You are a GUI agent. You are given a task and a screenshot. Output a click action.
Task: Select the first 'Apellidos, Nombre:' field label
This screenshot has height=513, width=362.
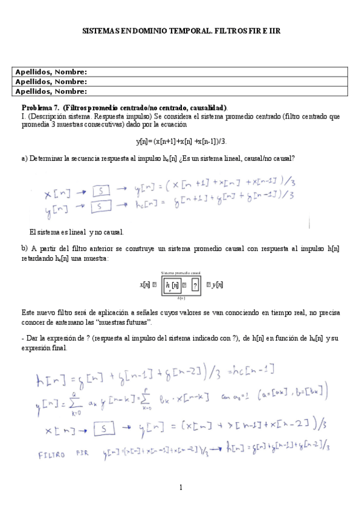[51, 72]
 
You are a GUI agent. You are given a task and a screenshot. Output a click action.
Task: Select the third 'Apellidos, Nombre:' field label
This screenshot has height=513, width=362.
[51, 91]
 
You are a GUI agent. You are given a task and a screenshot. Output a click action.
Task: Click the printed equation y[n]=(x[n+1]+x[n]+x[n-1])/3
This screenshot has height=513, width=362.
[181, 142]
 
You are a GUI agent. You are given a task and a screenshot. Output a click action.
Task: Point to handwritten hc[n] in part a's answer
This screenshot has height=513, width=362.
[145, 206]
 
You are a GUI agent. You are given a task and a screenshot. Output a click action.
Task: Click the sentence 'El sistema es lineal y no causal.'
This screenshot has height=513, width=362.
[76, 232]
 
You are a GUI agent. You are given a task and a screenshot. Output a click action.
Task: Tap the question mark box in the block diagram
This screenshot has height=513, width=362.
[195, 284]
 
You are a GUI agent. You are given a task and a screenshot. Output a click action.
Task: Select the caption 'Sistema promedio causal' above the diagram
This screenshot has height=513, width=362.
[181, 273]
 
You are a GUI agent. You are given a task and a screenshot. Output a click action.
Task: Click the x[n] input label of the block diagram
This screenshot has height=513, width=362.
[144, 284]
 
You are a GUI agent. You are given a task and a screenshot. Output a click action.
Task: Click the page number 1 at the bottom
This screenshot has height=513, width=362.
[181, 488]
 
